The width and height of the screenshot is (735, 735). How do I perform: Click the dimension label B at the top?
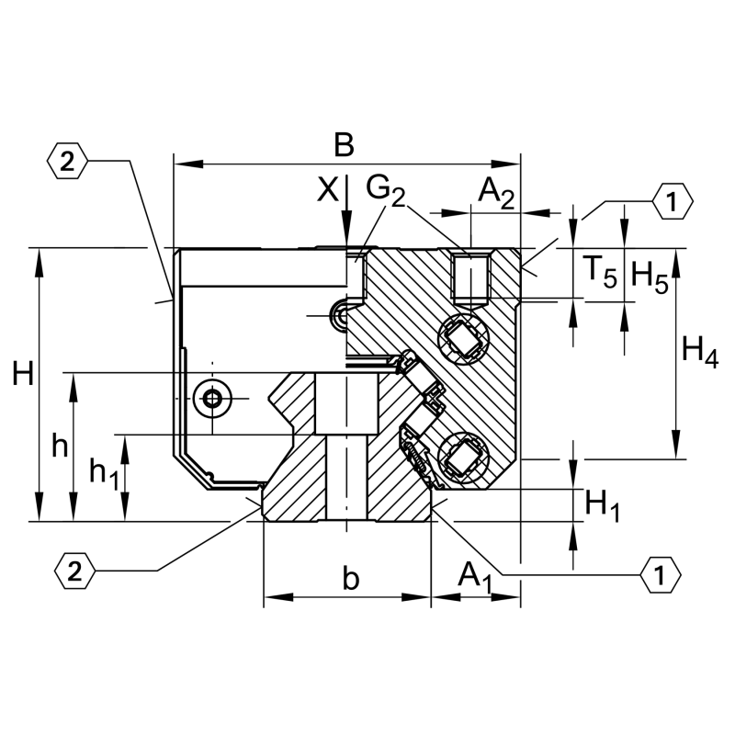(344, 145)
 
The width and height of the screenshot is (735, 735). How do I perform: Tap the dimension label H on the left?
(23, 374)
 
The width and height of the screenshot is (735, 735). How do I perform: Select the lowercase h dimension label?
(60, 446)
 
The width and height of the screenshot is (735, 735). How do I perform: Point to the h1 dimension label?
(104, 473)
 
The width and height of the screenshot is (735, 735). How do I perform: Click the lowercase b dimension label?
(351, 578)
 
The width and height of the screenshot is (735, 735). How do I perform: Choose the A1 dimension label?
(475, 578)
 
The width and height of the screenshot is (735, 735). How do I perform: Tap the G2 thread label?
(385, 190)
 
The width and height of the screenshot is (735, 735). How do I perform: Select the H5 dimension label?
(650, 277)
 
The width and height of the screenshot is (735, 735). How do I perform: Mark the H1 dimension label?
(603, 506)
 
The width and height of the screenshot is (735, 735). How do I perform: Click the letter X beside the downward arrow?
(328, 190)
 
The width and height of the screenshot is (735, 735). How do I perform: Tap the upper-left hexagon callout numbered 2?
(67, 162)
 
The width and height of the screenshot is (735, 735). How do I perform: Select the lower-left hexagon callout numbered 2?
(74, 571)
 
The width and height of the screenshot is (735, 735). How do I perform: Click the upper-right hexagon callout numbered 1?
(673, 201)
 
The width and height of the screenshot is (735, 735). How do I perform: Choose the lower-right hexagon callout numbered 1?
(661, 575)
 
